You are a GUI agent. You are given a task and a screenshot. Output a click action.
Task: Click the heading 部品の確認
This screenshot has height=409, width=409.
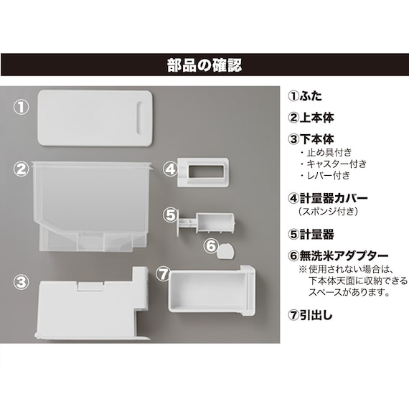pos(204,65)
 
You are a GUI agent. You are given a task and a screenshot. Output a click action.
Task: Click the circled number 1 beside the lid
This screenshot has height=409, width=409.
pos(21,107)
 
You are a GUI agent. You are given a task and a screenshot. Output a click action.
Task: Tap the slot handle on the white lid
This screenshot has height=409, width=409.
pos(140,118)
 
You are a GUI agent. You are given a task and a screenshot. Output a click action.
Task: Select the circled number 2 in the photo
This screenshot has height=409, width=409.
pos(21,169)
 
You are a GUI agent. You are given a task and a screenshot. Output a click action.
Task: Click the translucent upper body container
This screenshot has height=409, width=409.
pos(91,206)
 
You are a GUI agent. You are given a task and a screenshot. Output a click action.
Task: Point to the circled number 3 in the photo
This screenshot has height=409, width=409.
pos(21,282)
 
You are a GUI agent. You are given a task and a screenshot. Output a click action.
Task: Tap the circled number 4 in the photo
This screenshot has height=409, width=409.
pos(170,169)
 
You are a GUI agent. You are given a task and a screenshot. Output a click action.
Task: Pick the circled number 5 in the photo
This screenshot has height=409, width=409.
pos(170,215)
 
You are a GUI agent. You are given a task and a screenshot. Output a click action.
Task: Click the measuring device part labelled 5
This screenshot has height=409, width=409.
pos(207,223)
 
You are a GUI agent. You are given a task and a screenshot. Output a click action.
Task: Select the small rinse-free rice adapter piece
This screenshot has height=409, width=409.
pos(226,250)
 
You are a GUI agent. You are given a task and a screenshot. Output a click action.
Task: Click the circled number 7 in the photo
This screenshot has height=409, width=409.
pos(163,273)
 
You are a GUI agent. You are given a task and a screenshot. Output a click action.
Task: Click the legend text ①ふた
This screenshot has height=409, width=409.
pos(305,96)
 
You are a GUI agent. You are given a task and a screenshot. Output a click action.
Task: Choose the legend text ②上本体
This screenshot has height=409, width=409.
pos(311,118)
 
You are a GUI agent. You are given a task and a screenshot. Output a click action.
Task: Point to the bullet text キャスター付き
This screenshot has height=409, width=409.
pos(337,164)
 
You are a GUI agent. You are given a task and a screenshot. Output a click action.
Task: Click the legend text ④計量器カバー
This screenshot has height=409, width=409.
pos(328,199)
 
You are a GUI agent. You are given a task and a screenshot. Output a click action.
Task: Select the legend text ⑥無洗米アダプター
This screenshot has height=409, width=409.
pos(338,256)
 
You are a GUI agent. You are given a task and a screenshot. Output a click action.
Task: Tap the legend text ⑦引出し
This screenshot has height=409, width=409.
pos(311,315)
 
